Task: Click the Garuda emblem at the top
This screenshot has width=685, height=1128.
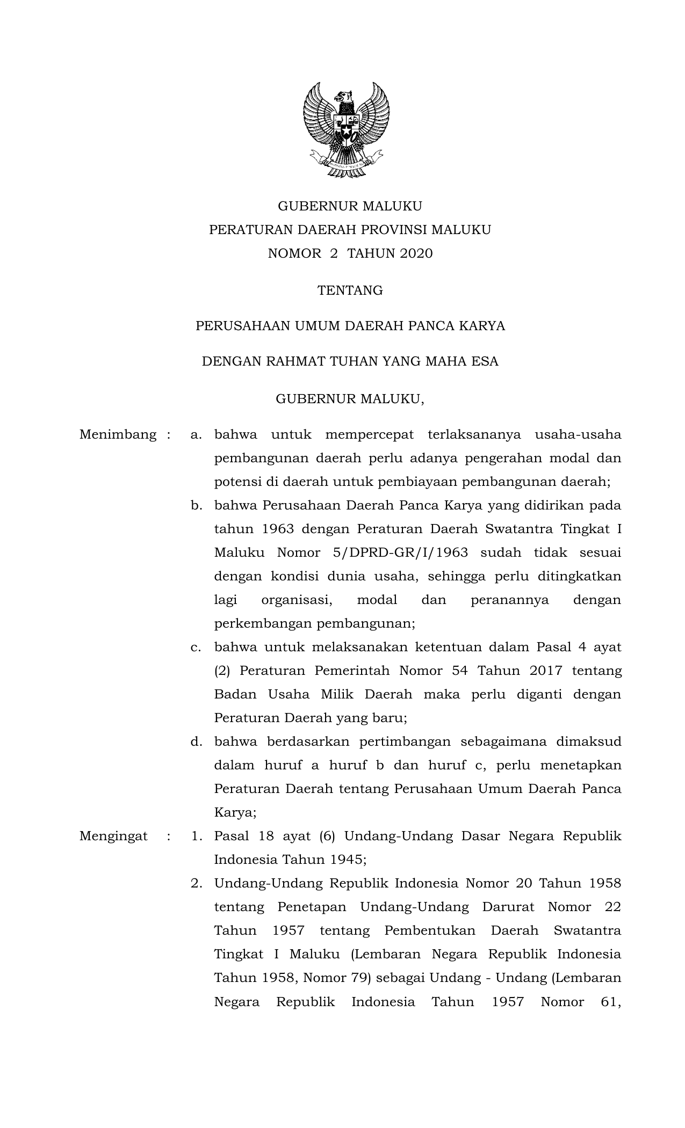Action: (x=346, y=130)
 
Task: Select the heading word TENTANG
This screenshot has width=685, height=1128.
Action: (x=350, y=290)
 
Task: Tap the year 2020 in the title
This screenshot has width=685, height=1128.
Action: (x=416, y=253)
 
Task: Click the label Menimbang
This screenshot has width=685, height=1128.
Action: (x=118, y=434)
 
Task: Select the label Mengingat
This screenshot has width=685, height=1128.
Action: (x=113, y=836)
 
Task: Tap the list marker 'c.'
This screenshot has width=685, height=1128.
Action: (x=196, y=647)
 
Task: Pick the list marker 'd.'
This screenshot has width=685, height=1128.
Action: (x=196, y=741)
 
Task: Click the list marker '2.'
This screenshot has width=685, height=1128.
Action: (x=196, y=883)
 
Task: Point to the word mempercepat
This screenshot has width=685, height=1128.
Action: (x=370, y=434)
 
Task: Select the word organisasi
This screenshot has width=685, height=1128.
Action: (x=297, y=600)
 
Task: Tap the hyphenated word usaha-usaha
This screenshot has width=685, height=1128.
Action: (x=578, y=434)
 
